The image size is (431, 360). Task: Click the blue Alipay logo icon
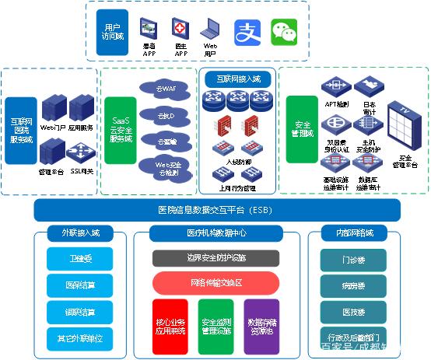[x=248, y=33]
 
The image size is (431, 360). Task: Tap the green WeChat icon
[x=284, y=33]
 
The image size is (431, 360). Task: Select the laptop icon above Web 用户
[x=210, y=30]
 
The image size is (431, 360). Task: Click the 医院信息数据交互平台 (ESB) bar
[x=217, y=210]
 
